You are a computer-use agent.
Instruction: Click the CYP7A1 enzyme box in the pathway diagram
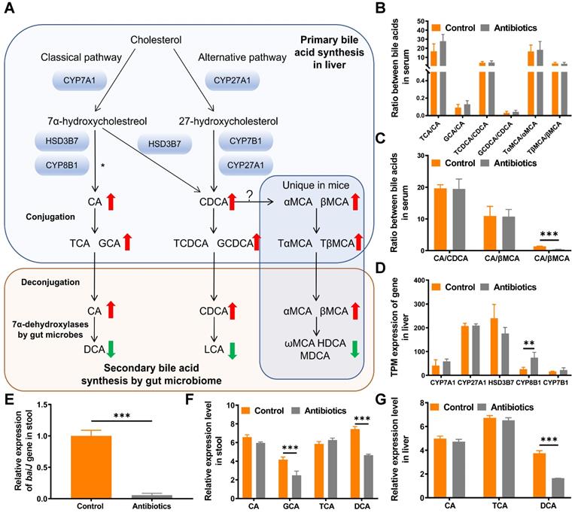(81, 79)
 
